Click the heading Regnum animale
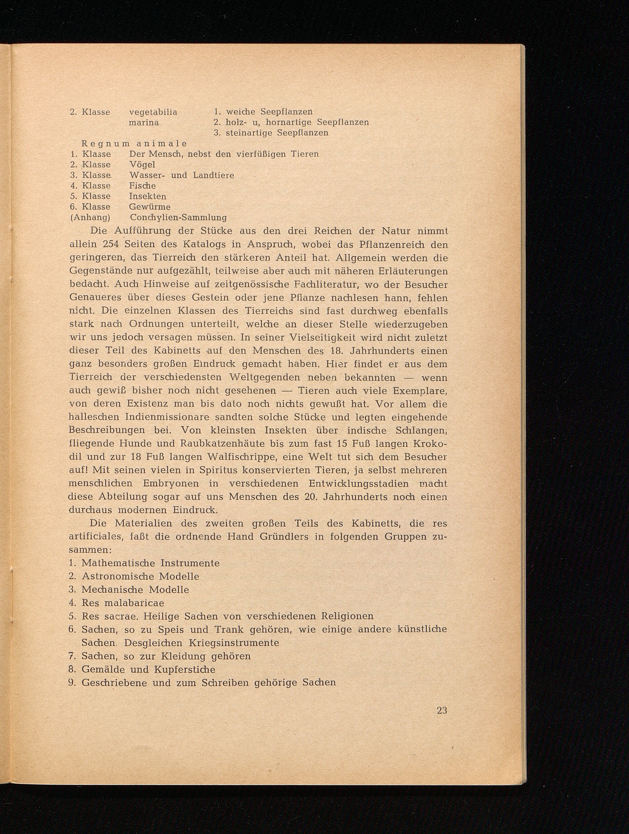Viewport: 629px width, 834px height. pyautogui.click(x=134, y=144)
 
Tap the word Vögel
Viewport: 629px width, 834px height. pyautogui.click(x=142, y=165)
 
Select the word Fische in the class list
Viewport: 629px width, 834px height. pyautogui.click(x=142, y=186)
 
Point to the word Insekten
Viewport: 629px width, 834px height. pyautogui.click(x=147, y=196)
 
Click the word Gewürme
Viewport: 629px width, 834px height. pyautogui.click(x=150, y=207)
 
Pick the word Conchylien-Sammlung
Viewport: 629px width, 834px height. pyautogui.click(x=178, y=218)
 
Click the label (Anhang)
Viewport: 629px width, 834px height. pyautogui.click(x=90, y=218)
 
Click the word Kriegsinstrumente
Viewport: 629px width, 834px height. pyautogui.click(x=234, y=643)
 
